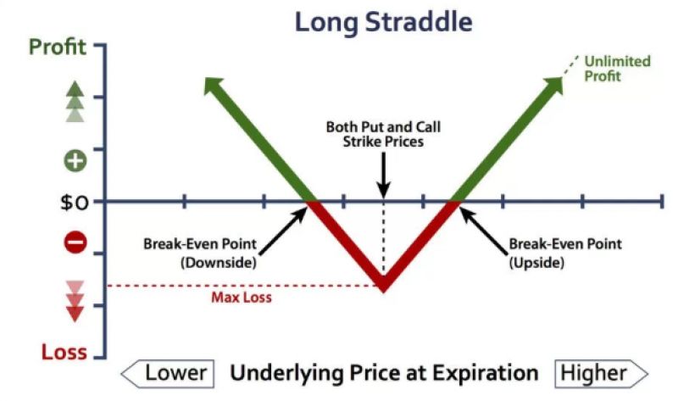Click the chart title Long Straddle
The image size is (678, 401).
click(x=384, y=23)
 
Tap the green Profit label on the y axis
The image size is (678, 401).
click(x=58, y=47)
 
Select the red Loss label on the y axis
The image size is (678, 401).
click(x=64, y=352)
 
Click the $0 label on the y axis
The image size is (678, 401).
click(x=75, y=202)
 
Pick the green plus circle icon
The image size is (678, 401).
click(x=75, y=161)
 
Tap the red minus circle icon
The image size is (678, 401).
click(x=75, y=242)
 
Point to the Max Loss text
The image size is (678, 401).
click(x=242, y=298)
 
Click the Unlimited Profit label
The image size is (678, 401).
click(x=617, y=69)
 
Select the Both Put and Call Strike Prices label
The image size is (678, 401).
click(x=383, y=134)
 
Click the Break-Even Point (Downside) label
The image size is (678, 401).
click(x=200, y=253)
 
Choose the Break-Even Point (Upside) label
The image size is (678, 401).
click(x=565, y=253)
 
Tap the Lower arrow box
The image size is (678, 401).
click(x=168, y=373)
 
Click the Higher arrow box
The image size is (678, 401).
click(x=602, y=373)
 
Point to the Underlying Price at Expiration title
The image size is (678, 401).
click(x=384, y=373)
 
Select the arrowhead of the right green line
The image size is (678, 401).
click(x=555, y=85)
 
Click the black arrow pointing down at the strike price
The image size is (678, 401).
click(x=384, y=175)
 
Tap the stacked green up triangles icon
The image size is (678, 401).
click(x=75, y=102)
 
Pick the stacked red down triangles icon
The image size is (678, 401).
click(x=75, y=302)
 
